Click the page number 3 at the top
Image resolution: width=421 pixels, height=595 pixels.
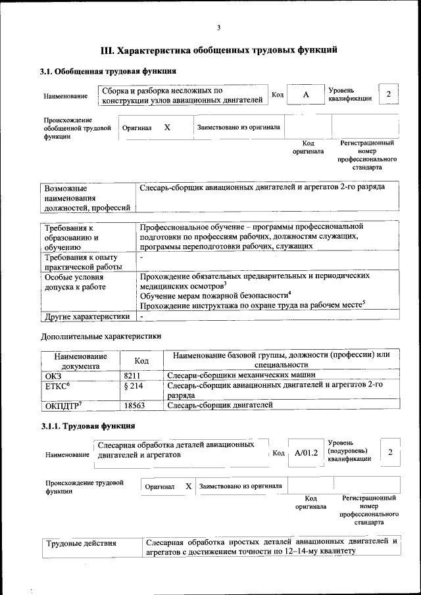[x=218, y=27]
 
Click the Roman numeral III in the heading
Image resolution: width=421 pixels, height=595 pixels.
[x=107, y=49]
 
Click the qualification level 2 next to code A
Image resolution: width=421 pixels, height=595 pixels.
[x=389, y=94]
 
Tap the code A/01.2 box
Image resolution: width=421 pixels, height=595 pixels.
[x=306, y=453]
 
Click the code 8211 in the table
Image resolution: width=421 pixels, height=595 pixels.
[x=134, y=375]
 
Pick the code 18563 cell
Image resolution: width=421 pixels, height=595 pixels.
[x=135, y=406]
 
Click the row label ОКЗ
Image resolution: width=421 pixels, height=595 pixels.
[x=53, y=375]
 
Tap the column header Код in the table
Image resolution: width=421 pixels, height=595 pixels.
[x=141, y=360]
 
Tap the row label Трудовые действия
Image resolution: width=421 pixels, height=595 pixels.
[x=81, y=543]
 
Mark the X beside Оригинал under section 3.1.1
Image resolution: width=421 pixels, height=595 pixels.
[x=188, y=487]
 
